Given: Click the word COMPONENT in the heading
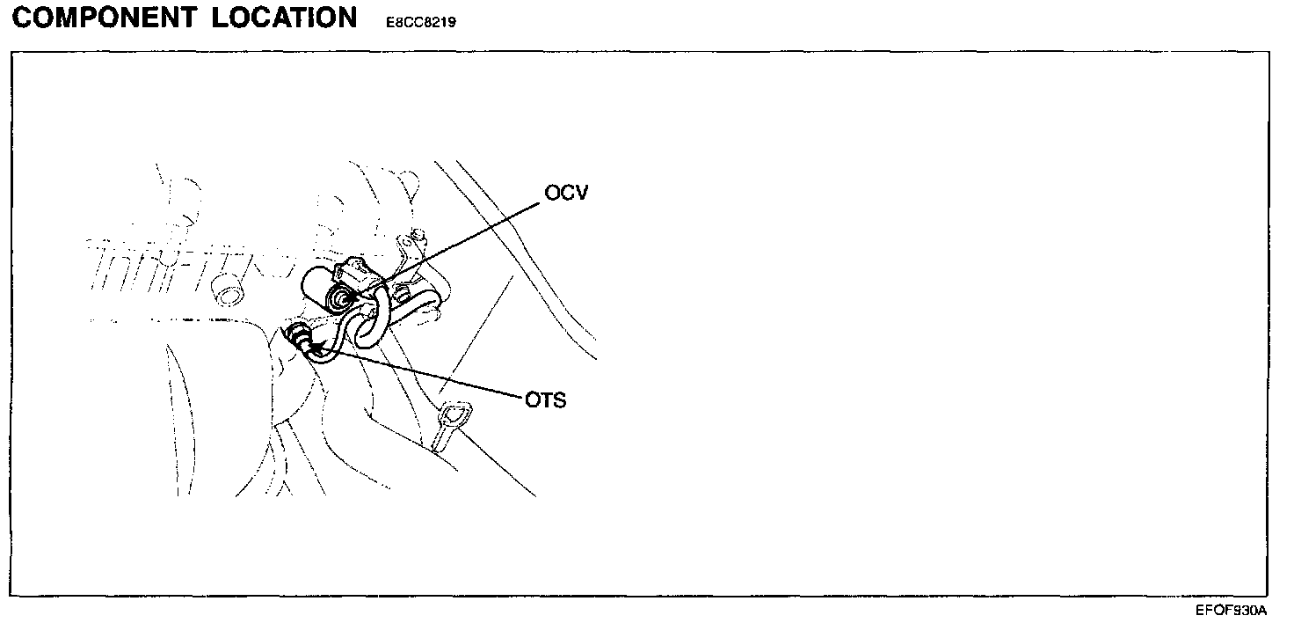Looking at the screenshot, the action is click(x=105, y=18).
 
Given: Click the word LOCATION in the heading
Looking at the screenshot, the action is click(x=284, y=18).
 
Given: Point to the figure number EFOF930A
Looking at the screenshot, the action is click(x=1230, y=610).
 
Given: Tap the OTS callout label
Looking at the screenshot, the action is click(x=545, y=401).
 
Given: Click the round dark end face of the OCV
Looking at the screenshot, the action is click(x=339, y=300).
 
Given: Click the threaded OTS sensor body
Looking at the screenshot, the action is click(x=300, y=337).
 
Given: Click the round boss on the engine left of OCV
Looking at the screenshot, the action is click(x=229, y=293).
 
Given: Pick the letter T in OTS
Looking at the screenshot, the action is click(x=545, y=401).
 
